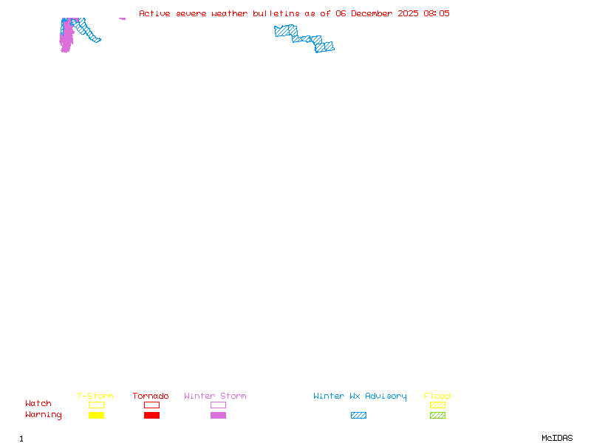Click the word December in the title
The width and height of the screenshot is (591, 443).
[372, 13]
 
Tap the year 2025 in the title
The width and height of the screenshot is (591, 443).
[408, 13]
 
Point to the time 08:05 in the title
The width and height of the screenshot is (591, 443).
[437, 13]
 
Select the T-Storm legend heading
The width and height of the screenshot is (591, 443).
[95, 396]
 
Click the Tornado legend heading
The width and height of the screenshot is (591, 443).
[151, 396]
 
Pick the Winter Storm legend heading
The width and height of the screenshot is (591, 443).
[215, 396]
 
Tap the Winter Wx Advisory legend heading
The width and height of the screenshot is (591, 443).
[360, 396]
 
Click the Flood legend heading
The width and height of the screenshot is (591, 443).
[437, 396]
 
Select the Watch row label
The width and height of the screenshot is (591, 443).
[38, 403]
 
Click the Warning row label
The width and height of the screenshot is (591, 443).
[44, 415]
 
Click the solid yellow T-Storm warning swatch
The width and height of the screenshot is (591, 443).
[97, 415]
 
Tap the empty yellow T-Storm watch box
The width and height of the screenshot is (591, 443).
[97, 405]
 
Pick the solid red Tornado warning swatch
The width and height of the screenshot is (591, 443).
[152, 415]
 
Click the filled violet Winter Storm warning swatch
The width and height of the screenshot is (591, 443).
[218, 415]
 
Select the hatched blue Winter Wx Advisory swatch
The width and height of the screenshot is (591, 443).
[358, 415]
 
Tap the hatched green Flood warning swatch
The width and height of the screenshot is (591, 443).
[437, 415]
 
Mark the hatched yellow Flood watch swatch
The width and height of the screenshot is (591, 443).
[437, 405]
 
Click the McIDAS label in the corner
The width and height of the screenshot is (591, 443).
[557, 438]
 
